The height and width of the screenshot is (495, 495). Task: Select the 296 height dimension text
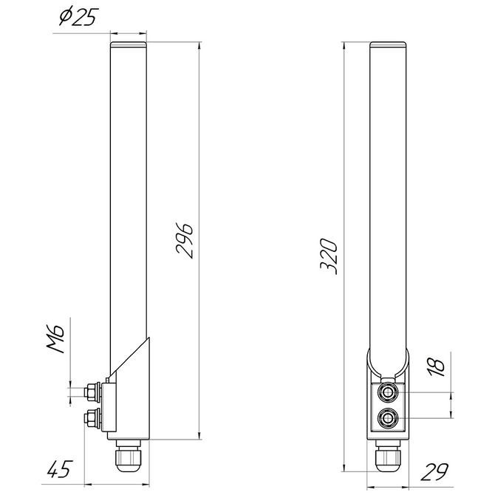point(185,241)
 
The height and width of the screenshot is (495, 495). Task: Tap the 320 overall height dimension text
point(329,256)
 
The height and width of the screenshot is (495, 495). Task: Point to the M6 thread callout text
point(56,338)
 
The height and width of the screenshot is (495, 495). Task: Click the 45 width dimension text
point(60,469)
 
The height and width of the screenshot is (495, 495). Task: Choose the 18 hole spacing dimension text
point(437,367)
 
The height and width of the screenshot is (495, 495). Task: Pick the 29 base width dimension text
point(434,471)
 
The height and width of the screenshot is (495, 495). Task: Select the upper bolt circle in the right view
point(388,393)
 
